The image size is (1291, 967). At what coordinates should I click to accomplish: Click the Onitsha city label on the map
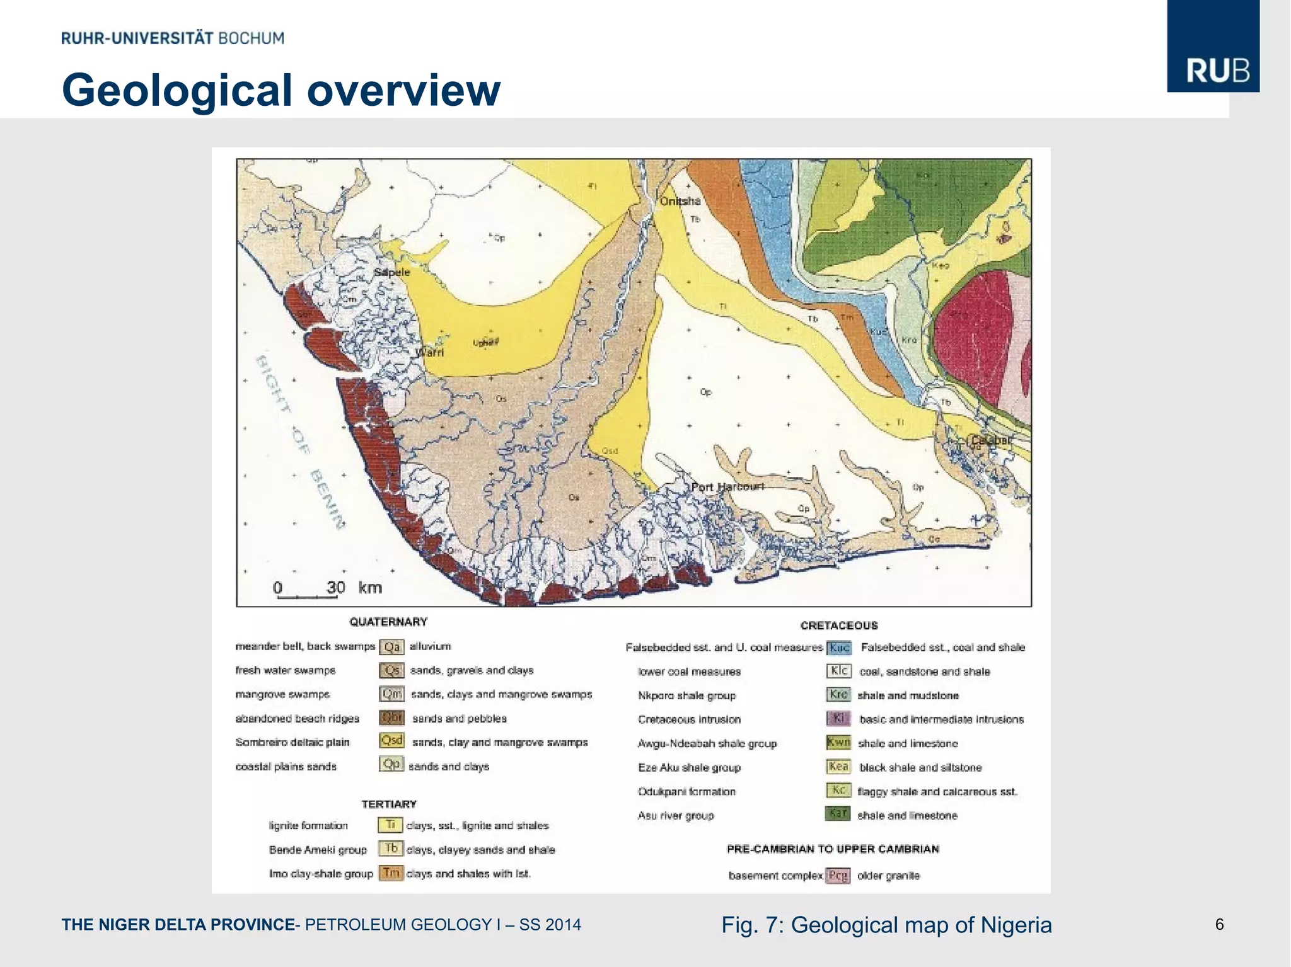[x=680, y=201]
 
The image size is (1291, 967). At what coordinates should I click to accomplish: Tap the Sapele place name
[x=392, y=272]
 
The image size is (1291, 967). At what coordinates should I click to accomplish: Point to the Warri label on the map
[x=431, y=352]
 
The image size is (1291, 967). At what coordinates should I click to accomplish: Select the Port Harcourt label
[x=727, y=487]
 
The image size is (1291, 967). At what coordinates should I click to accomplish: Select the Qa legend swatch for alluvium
[x=391, y=647]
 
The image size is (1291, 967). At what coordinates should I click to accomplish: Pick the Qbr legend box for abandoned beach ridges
[x=391, y=718]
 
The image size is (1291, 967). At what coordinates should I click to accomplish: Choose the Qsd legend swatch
[x=391, y=741]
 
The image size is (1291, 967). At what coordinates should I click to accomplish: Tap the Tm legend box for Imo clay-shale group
[x=391, y=873]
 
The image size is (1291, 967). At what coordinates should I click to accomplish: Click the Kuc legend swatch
[x=839, y=648]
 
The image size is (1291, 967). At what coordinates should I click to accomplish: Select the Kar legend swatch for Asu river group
[x=838, y=814]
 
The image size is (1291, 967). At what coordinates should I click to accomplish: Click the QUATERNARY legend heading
[x=388, y=622]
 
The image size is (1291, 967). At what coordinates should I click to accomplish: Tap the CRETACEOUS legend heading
[x=839, y=626]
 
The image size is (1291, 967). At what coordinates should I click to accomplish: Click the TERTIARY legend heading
[x=389, y=804]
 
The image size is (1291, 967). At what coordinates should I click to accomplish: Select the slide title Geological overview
[x=281, y=90]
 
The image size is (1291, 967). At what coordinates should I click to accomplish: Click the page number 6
[x=1220, y=924]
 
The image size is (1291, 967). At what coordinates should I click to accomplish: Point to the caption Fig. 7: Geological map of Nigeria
[x=886, y=925]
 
